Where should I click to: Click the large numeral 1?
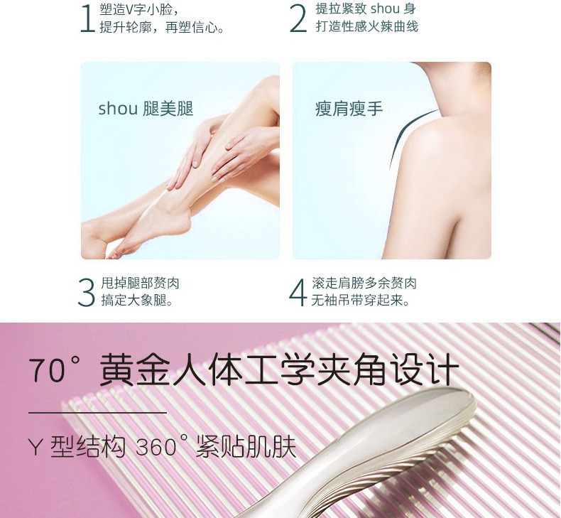pyautogui.click(x=87, y=19)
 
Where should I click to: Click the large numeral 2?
pyautogui.click(x=298, y=19)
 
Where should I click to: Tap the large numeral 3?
pyautogui.click(x=86, y=293)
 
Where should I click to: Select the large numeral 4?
pyautogui.click(x=298, y=293)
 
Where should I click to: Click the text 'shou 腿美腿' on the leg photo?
pyautogui.click(x=146, y=109)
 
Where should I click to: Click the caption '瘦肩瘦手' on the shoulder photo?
pyautogui.click(x=349, y=109)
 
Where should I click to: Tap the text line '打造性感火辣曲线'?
pyautogui.click(x=366, y=26)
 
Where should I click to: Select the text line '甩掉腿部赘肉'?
pyautogui.click(x=140, y=284)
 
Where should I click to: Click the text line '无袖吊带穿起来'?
pyautogui.click(x=360, y=300)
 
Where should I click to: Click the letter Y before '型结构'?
pyautogui.click(x=36, y=447)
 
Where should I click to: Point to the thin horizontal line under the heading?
pyautogui.click(x=98, y=413)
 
